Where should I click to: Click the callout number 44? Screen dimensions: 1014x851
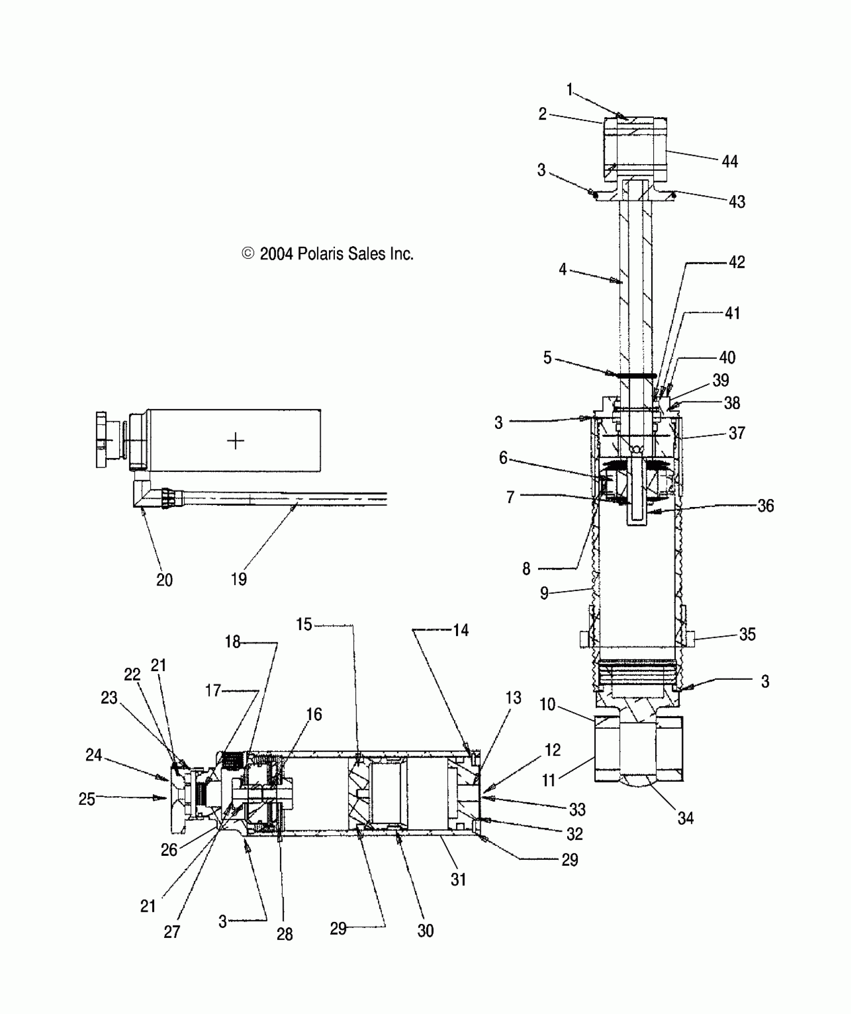tap(729, 162)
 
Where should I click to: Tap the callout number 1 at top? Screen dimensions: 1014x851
tap(569, 90)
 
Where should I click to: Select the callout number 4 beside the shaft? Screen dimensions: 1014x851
tap(563, 270)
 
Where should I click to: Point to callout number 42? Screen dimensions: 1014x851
tap(736, 262)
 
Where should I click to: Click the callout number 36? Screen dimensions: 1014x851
tap(765, 506)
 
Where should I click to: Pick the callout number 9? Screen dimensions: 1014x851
tap(544, 594)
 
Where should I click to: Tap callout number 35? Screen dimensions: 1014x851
tap(747, 635)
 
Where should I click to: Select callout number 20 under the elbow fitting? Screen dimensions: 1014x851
tap(164, 580)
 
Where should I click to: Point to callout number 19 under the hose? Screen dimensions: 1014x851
tap(239, 579)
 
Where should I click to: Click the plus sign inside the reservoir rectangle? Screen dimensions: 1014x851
tap(235, 441)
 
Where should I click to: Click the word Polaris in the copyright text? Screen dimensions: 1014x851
tap(320, 254)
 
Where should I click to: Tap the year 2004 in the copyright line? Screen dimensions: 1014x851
tap(276, 254)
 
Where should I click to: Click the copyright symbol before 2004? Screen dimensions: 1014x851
tap(248, 254)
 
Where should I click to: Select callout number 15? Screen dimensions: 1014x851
tap(304, 625)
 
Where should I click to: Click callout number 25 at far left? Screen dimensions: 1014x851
tap(87, 799)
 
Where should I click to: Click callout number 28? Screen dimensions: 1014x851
tap(284, 934)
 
